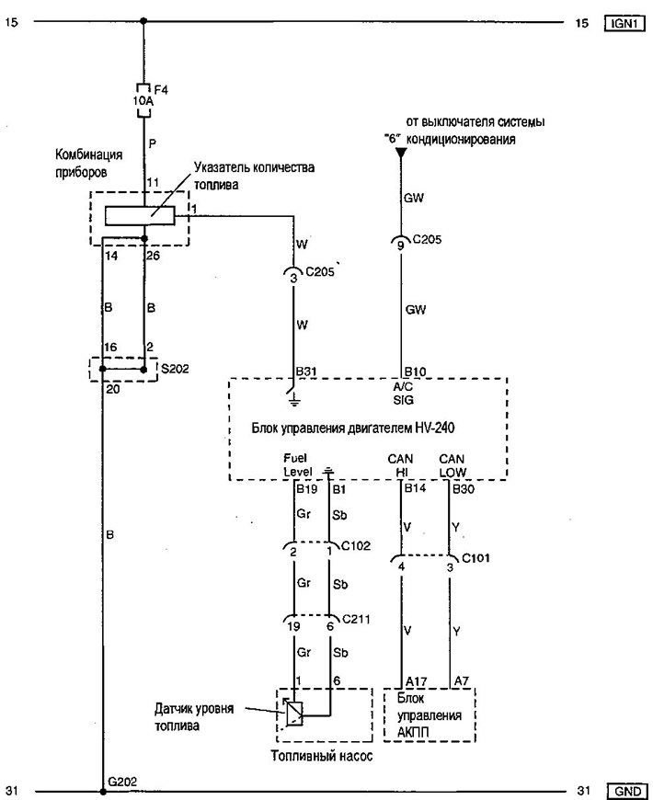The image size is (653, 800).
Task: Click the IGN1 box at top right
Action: tap(624, 23)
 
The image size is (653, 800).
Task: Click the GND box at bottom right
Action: tap(627, 791)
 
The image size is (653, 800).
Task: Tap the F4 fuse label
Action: tap(161, 90)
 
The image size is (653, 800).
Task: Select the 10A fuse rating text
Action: tap(143, 101)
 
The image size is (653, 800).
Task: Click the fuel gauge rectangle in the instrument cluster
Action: tap(140, 215)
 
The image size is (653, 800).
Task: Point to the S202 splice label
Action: tap(175, 369)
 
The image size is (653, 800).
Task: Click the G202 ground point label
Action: tap(122, 782)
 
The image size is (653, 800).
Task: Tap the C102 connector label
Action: tap(356, 546)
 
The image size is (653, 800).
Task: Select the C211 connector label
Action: tap(356, 620)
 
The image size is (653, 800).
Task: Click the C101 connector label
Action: tap(475, 557)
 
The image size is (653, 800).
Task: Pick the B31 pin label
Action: tap(306, 371)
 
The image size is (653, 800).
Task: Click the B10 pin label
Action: tap(415, 371)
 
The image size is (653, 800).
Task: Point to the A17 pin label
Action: tap(417, 681)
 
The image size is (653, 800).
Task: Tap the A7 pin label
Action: tap(461, 680)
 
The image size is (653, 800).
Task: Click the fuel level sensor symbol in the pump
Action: tap(294, 714)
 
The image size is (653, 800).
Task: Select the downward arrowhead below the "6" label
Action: tap(402, 153)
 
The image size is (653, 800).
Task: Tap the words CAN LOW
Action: tap(452, 466)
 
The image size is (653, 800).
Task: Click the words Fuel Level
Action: tap(297, 465)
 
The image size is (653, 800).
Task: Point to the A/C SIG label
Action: tap(403, 394)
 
